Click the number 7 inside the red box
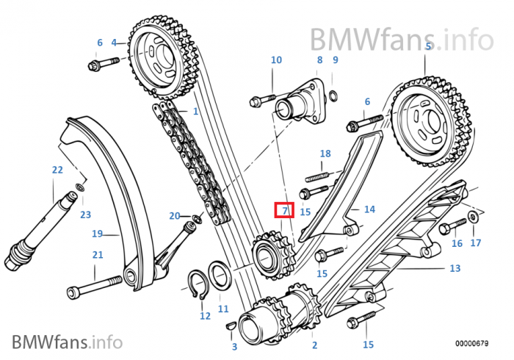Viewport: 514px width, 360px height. pyautogui.click(x=285, y=211)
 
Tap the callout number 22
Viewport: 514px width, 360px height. pyautogui.click(x=57, y=170)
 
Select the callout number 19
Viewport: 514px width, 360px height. pyautogui.click(x=98, y=234)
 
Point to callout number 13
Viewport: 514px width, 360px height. pyautogui.click(x=455, y=268)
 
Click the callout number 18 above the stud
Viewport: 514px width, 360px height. pyautogui.click(x=325, y=154)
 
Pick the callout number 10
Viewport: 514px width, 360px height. pyautogui.click(x=276, y=60)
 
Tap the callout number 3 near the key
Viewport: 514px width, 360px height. pyautogui.click(x=234, y=347)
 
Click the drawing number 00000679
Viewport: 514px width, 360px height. pyautogui.click(x=471, y=344)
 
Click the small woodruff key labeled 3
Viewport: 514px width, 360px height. pyautogui.click(x=231, y=325)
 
